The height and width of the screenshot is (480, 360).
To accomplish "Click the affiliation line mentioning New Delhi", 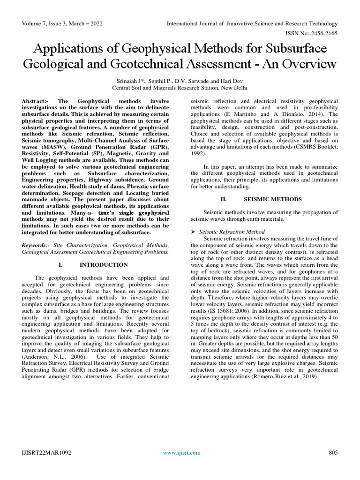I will pos(180,88).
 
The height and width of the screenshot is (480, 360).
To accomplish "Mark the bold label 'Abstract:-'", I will pos(38,102).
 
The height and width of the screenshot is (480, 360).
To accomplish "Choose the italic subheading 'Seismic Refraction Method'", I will pos(232,232).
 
